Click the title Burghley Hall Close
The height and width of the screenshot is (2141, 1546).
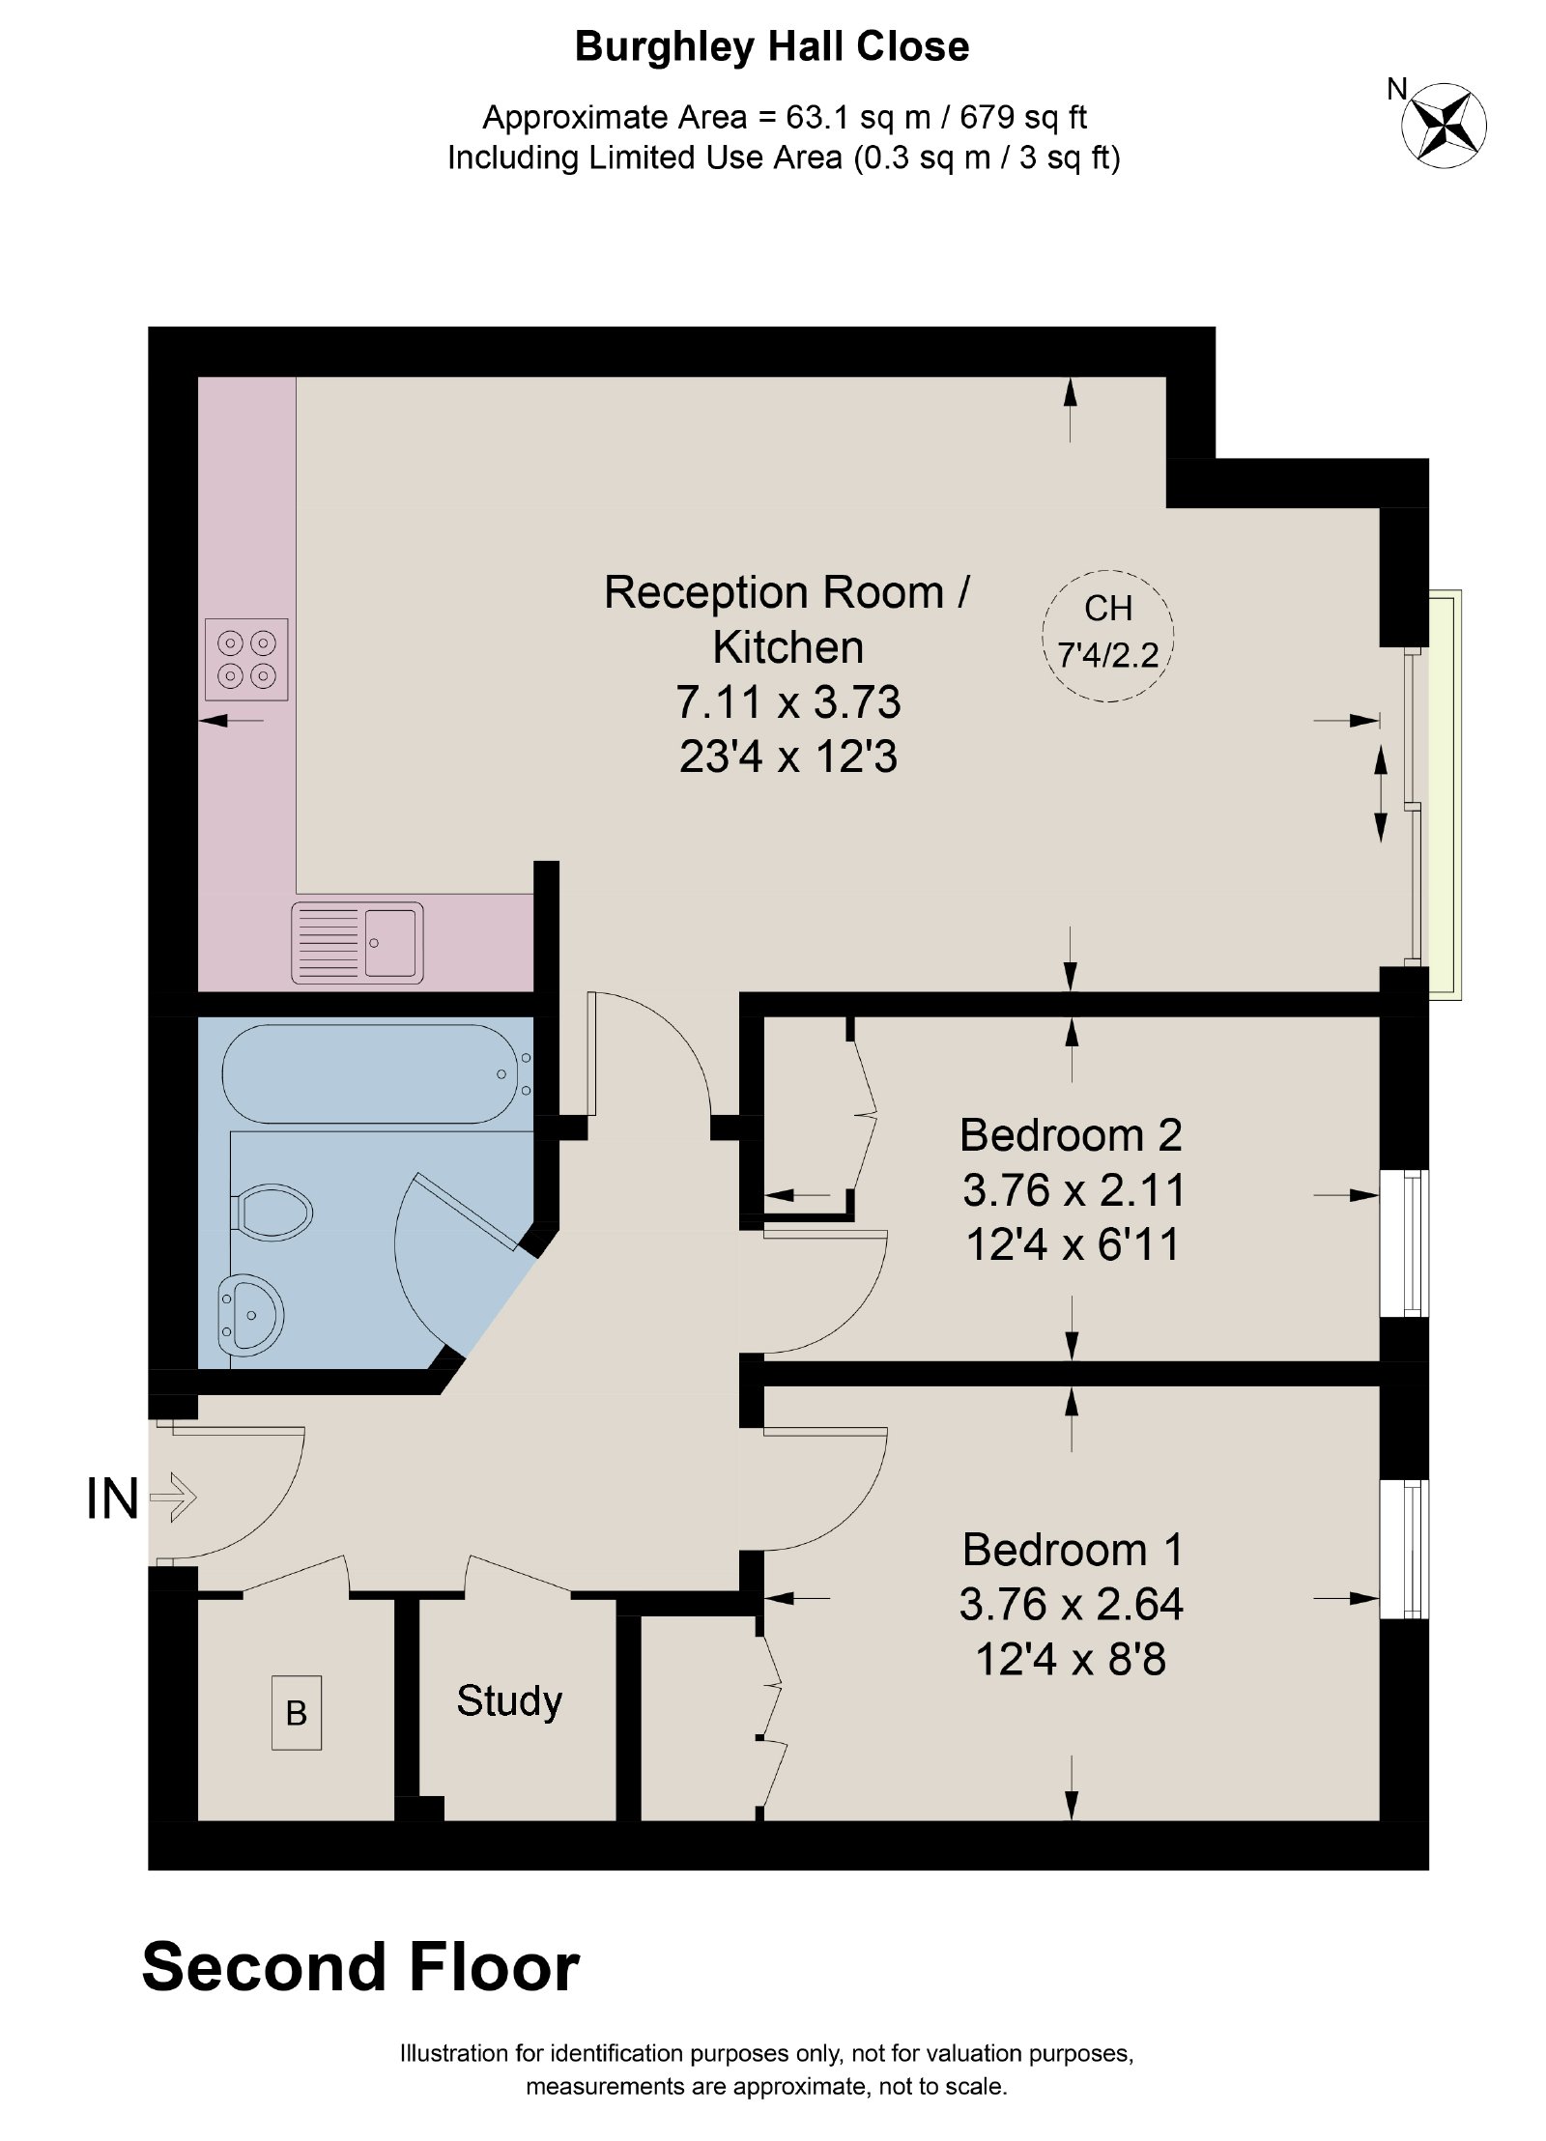click(772, 47)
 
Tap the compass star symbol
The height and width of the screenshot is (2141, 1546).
click(1445, 124)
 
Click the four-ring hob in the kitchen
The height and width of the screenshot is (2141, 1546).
click(246, 659)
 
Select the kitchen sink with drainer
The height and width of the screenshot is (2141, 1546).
click(358, 943)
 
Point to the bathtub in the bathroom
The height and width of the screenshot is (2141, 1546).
click(378, 1073)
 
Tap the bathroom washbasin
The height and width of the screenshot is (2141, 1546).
click(250, 1314)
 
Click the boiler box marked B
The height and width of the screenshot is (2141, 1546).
click(297, 1713)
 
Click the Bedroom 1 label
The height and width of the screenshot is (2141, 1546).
click(1073, 1550)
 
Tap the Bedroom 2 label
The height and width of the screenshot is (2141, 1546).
click(1071, 1134)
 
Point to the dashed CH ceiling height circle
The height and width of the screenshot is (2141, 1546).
click(1107, 635)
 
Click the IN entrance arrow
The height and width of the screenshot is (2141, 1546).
click(174, 1499)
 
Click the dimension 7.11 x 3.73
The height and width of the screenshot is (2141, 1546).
click(788, 702)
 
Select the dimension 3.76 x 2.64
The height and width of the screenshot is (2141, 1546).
click(1071, 1605)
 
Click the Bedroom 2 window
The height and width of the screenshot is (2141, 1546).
click(1404, 1243)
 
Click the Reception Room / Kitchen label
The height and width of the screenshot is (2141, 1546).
click(787, 619)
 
